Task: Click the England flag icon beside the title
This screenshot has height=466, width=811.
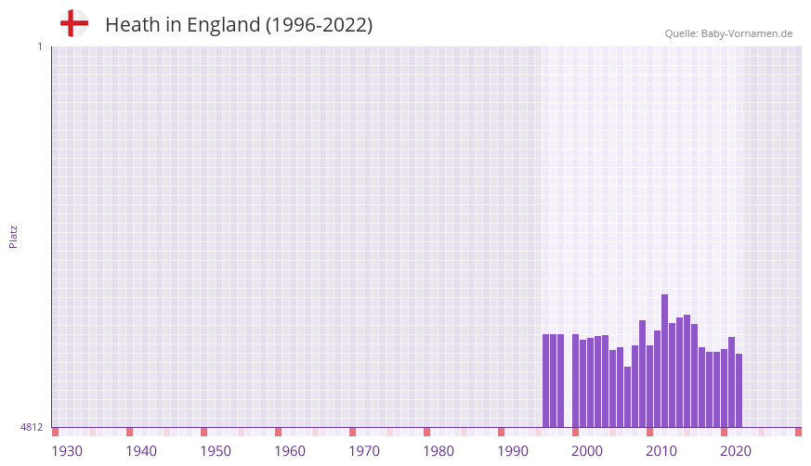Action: (73, 23)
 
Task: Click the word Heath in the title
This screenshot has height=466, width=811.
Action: (132, 25)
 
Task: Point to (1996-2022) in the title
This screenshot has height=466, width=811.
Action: (319, 25)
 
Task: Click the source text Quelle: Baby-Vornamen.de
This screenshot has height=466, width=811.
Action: (728, 33)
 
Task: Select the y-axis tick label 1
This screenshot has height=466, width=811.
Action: (39, 46)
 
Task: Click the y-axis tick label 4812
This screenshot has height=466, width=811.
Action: (32, 427)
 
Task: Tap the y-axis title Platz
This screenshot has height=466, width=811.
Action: (13, 236)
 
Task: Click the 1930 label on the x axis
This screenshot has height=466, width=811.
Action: (67, 451)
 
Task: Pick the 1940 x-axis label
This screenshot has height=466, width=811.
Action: (141, 451)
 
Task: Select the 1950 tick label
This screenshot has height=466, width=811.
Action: (216, 451)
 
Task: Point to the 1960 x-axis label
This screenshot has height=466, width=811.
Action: (290, 451)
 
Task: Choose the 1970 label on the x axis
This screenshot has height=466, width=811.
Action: (364, 451)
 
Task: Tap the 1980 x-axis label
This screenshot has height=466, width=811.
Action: (438, 451)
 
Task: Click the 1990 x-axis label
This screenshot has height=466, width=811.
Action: (513, 451)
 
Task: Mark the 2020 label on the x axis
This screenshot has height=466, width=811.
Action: (736, 451)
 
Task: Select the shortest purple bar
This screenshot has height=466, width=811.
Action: (627, 397)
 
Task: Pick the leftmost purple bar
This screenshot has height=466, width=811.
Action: (545, 381)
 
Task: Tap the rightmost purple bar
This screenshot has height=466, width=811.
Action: (739, 390)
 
